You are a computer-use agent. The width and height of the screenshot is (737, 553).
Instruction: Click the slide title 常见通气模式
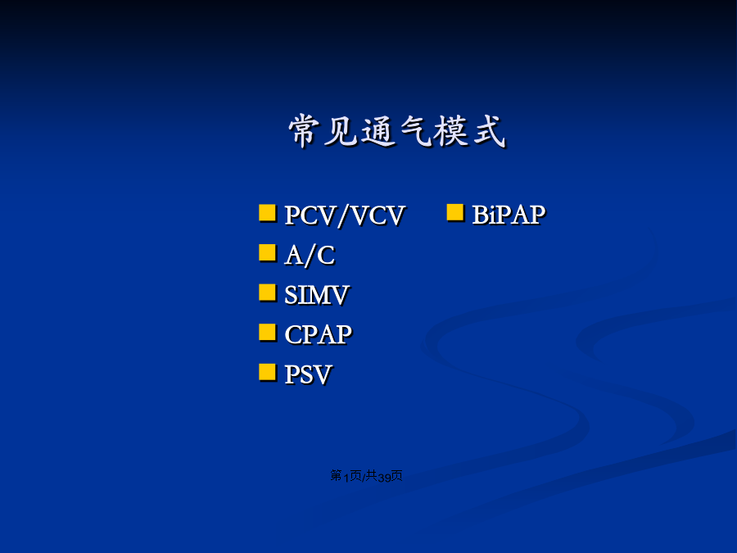pos(397,131)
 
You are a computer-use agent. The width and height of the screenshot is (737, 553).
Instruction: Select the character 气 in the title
pos(416,131)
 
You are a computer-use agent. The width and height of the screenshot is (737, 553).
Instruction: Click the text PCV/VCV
pos(345,215)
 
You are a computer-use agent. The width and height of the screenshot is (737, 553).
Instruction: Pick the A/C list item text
pos(310,256)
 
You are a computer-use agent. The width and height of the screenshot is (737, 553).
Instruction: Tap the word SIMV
pos(317,295)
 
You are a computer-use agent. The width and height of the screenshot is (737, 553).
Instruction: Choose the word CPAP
pos(319,335)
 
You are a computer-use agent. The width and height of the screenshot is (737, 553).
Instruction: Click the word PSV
pos(309,374)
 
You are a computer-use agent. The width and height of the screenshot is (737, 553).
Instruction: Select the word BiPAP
pos(509,215)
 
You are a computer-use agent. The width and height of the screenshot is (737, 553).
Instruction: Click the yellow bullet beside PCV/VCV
pos(268,212)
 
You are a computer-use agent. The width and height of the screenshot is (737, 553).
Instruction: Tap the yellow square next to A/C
pos(268,252)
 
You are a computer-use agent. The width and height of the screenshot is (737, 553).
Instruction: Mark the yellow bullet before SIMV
pos(268,292)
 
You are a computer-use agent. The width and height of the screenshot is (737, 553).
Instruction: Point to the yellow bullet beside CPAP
pos(268,332)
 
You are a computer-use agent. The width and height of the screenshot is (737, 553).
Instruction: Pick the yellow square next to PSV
pos(268,372)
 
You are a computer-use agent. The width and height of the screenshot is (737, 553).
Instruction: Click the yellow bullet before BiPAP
pos(455,212)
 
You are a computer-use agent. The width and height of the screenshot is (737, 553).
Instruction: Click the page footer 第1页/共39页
pos(366,476)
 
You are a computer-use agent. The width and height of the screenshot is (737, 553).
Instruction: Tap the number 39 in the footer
pos(384,478)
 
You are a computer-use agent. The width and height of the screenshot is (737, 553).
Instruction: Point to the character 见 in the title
pos(341,131)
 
